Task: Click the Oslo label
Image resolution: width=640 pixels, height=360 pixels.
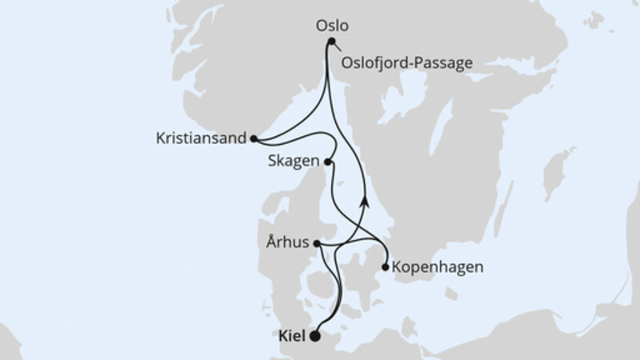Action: (331, 25)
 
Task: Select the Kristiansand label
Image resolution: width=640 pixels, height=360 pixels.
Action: (200, 138)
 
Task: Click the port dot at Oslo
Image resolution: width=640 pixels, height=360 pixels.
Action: (331, 42)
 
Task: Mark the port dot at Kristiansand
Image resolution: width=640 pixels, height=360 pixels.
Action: (253, 138)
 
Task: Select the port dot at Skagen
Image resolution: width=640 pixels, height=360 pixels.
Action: (327, 162)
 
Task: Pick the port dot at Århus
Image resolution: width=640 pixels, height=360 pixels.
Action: (317, 243)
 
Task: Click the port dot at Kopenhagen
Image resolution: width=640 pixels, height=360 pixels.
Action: (386, 267)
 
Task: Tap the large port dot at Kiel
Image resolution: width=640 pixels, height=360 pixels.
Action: (315, 336)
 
